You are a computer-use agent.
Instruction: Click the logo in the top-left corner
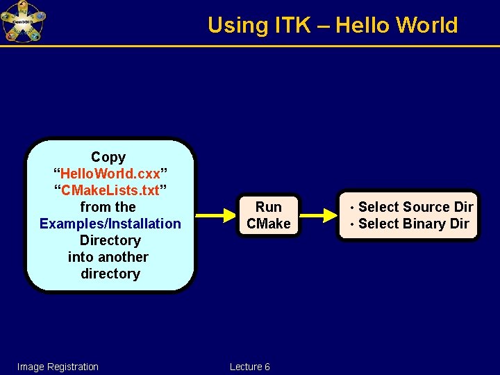(23, 22)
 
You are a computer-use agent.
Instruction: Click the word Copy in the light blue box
(108, 158)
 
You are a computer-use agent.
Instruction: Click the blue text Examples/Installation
(110, 224)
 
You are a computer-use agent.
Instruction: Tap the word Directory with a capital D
(110, 240)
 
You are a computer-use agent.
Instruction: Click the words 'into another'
(108, 257)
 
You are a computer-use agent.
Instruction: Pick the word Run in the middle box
(269, 207)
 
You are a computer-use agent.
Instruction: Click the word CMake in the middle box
(269, 224)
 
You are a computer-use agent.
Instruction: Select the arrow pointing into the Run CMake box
(217, 215)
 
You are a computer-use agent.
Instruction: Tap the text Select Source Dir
(415, 207)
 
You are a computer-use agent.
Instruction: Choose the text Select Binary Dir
(413, 224)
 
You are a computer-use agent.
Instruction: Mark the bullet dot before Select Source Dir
(353, 208)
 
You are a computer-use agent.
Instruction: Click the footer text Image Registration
(58, 367)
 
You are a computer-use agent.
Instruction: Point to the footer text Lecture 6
(249, 367)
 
